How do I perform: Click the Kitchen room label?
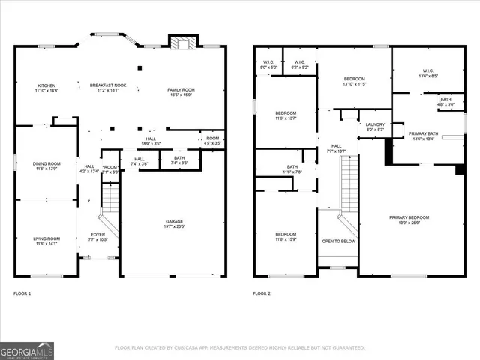point(46,85)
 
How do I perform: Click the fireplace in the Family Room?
point(180,43)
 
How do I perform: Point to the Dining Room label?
point(46,163)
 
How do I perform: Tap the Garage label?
point(175,221)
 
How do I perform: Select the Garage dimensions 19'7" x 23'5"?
point(175,226)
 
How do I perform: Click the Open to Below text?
point(339,241)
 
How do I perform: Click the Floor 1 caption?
point(22,292)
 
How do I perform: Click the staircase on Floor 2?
point(349,187)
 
